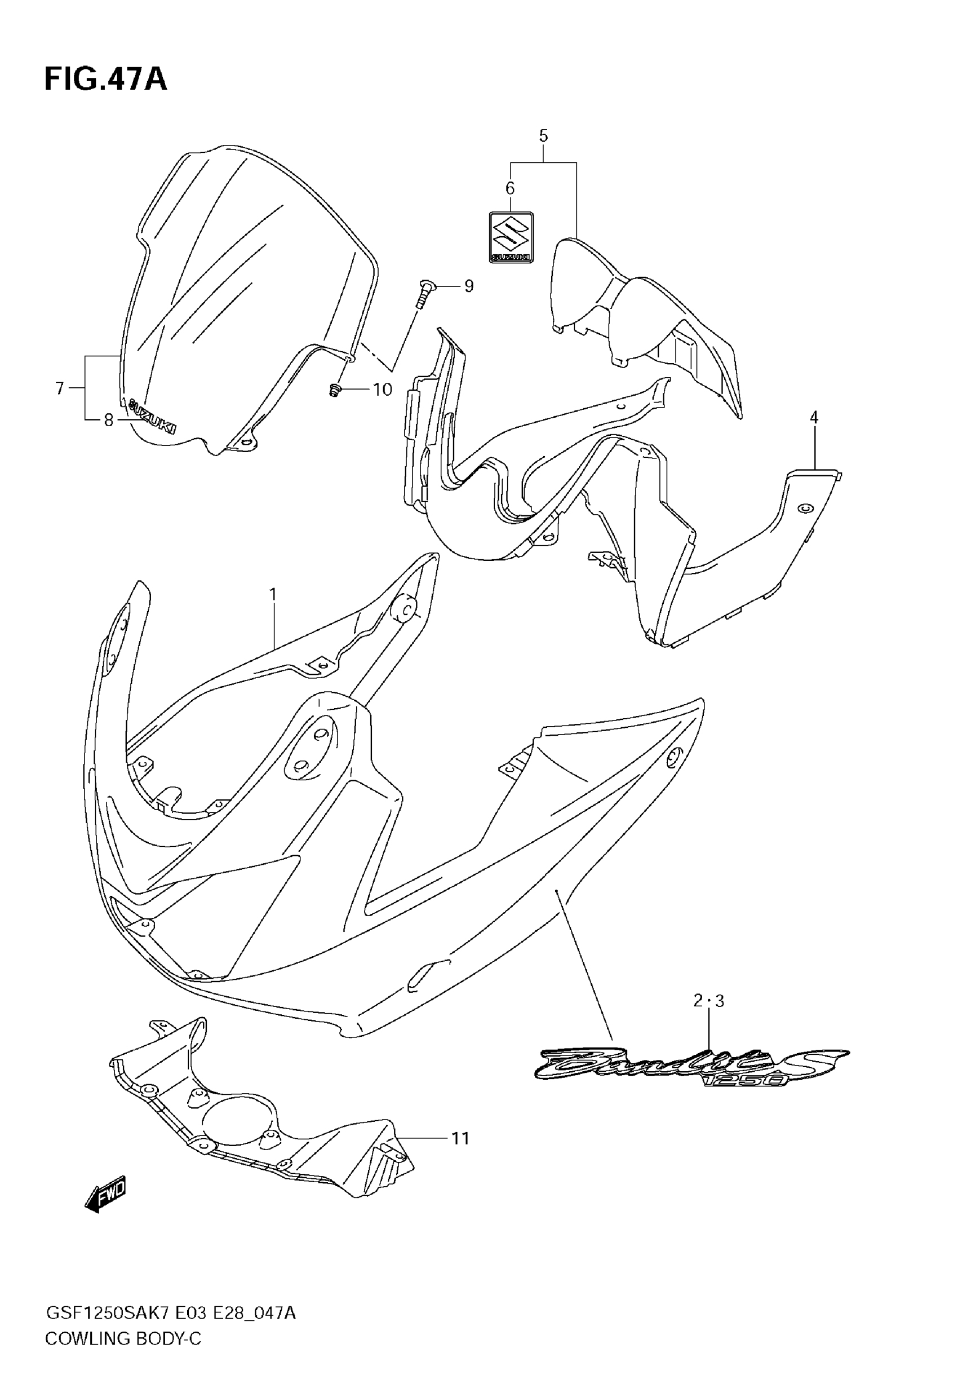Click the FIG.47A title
pyautogui.click(x=105, y=80)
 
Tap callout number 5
pyautogui.click(x=543, y=136)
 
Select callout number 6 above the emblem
pyautogui.click(x=509, y=188)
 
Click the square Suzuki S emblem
pyautogui.click(x=511, y=237)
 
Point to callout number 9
pyautogui.click(x=469, y=286)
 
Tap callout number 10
pyautogui.click(x=383, y=390)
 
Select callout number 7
pyautogui.click(x=59, y=389)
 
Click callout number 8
pyautogui.click(x=109, y=420)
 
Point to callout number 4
pyautogui.click(x=814, y=417)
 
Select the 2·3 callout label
pyautogui.click(x=709, y=1001)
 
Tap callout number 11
pyautogui.click(x=460, y=1138)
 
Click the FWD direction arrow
pyautogui.click(x=107, y=1193)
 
